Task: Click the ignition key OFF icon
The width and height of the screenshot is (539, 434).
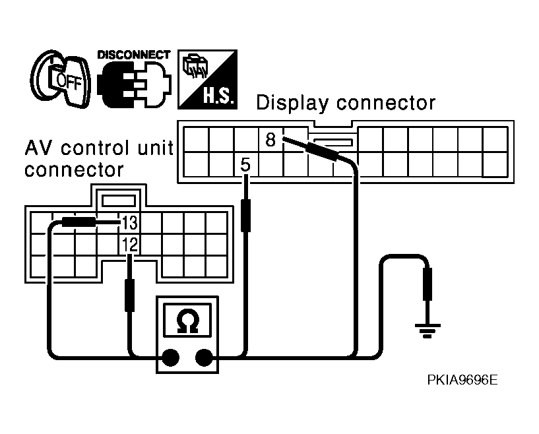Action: pyautogui.click(x=61, y=78)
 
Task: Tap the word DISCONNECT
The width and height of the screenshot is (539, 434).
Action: pyautogui.click(x=134, y=55)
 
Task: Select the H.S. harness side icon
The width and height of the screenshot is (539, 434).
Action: pyautogui.click(x=207, y=79)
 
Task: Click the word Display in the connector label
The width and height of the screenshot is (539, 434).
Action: pyautogui.click(x=292, y=103)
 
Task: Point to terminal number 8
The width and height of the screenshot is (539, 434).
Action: pyautogui.click(x=270, y=140)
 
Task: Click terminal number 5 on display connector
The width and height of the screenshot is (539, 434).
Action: pyautogui.click(x=245, y=165)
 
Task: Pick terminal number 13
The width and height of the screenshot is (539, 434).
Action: pyautogui.click(x=129, y=223)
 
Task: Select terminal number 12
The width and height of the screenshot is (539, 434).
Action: pyautogui.click(x=130, y=245)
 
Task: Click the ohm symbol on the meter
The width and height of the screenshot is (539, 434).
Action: pyautogui.click(x=187, y=321)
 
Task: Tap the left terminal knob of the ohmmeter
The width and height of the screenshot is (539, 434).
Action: pyautogui.click(x=170, y=357)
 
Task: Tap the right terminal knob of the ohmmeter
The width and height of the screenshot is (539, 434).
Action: pyautogui.click(x=204, y=357)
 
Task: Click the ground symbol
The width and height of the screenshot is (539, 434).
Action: pyautogui.click(x=428, y=330)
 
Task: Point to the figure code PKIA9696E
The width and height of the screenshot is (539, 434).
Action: pyautogui.click(x=462, y=380)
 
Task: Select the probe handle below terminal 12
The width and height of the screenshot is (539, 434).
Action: pyautogui.click(x=129, y=295)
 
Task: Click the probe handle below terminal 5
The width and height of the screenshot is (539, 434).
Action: pyautogui.click(x=245, y=216)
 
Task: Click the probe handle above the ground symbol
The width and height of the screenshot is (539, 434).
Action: pyautogui.click(x=428, y=284)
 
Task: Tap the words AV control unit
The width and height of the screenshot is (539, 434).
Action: pyautogui.click(x=99, y=148)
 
